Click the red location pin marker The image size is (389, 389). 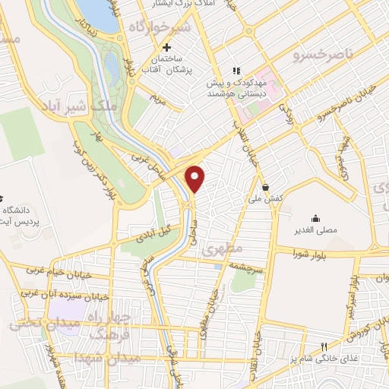[196, 178]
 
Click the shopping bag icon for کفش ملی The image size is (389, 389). [264, 186]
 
